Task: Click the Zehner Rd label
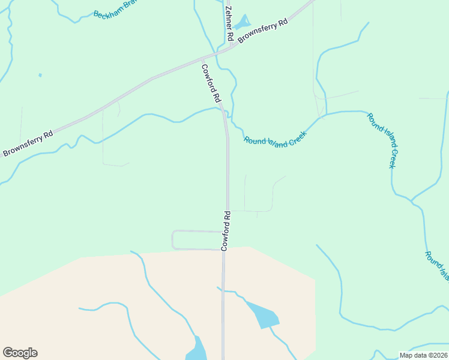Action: [x=229, y=23]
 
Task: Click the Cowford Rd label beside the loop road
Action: [x=226, y=230]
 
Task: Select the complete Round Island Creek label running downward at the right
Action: [x=382, y=140]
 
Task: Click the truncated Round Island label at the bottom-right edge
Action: [x=436, y=266]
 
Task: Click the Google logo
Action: [x=20, y=353]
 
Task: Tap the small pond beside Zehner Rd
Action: [x=242, y=23]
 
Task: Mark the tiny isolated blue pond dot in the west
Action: [x=40, y=75]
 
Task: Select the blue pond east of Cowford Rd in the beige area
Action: [x=262, y=315]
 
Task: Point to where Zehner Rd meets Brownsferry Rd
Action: [x=232, y=45]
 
